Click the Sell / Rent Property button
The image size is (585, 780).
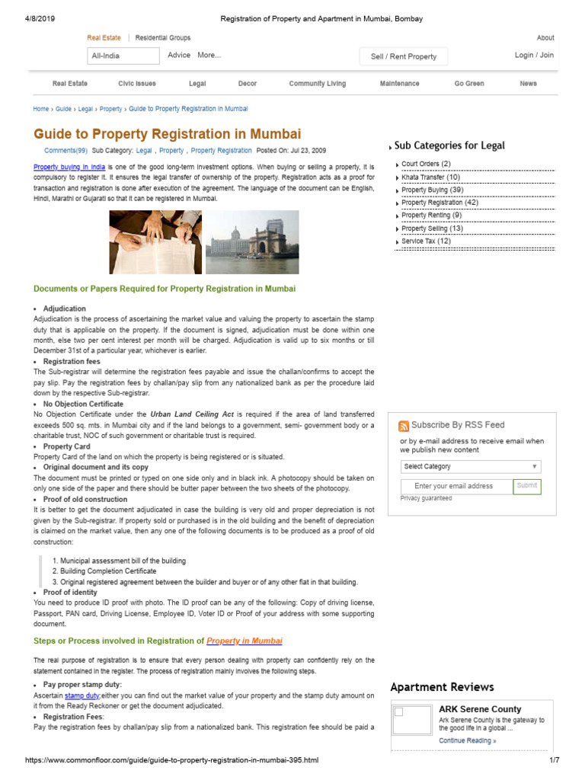click(404, 56)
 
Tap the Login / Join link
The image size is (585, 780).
click(534, 56)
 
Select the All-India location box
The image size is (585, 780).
click(123, 56)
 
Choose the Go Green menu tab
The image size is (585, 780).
click(469, 84)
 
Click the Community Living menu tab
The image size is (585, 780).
click(317, 84)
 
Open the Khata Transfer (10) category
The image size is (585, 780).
click(430, 177)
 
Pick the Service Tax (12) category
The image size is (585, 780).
click(426, 241)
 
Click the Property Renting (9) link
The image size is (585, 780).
click(431, 216)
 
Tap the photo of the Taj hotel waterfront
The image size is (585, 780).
click(252, 242)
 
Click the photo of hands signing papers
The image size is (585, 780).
click(156, 242)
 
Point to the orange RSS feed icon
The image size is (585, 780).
click(404, 426)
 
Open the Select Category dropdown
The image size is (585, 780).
click(471, 466)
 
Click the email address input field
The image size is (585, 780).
click(454, 486)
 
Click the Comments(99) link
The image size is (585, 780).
click(66, 151)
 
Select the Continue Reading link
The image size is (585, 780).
click(467, 740)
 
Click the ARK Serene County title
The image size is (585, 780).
click(480, 709)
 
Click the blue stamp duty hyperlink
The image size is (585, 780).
click(82, 696)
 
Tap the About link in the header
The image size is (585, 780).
click(545, 37)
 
